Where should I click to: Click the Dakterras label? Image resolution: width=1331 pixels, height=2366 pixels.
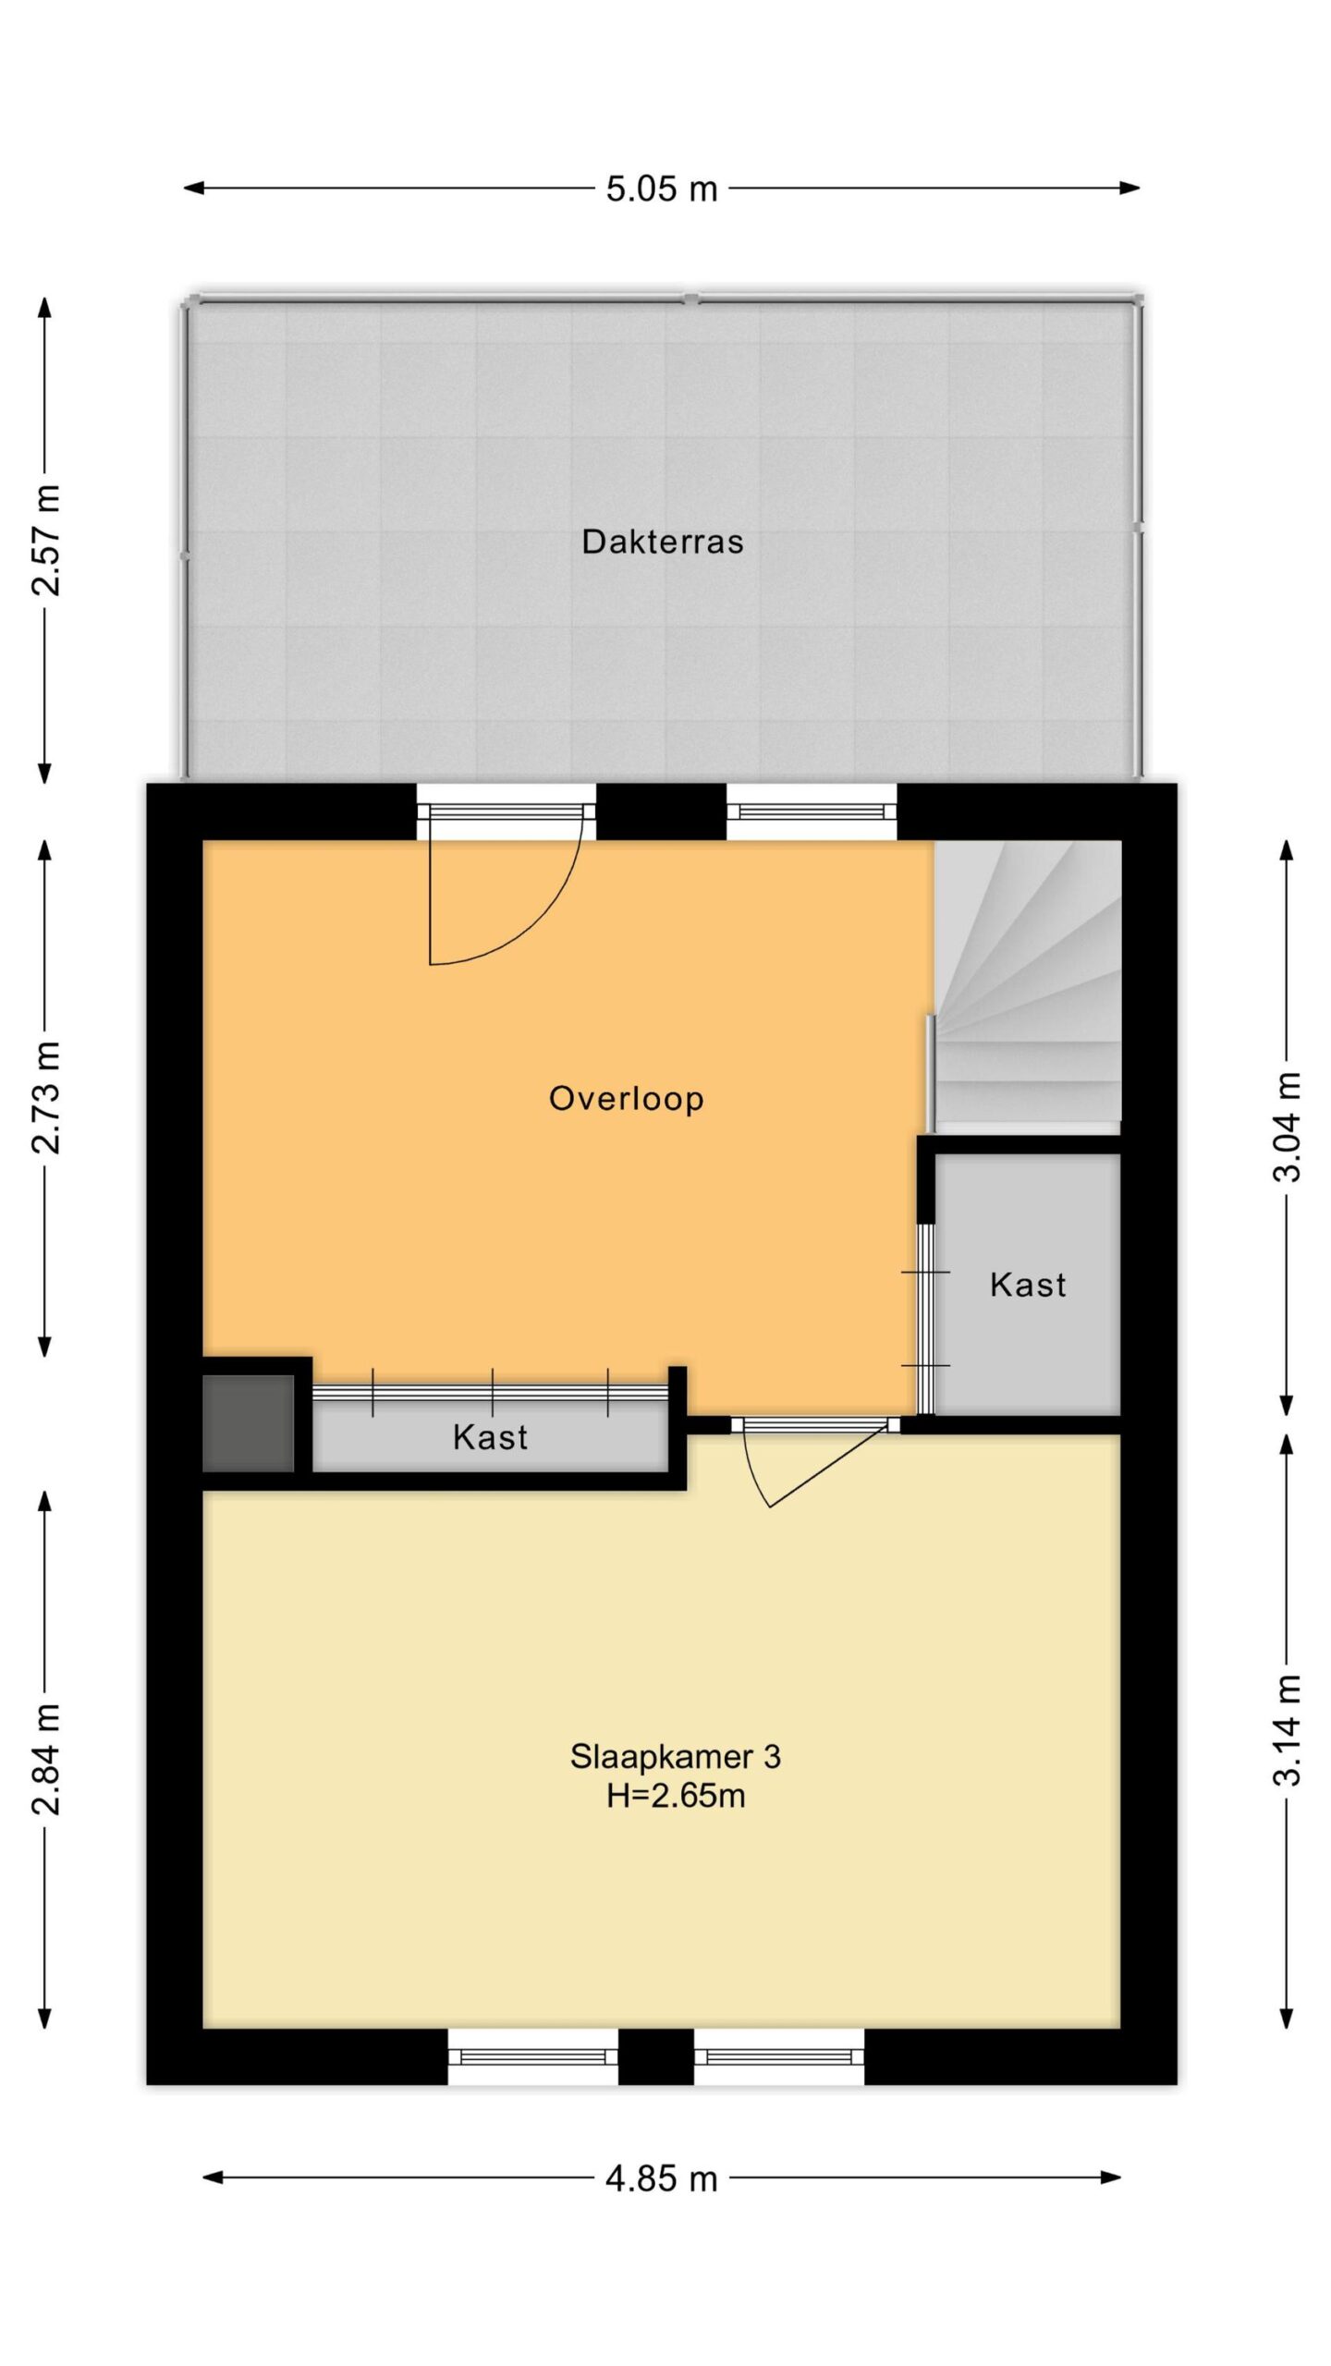point(662,542)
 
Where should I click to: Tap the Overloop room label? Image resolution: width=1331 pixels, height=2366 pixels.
point(627,1099)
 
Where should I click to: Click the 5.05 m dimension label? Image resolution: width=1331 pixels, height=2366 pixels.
point(662,189)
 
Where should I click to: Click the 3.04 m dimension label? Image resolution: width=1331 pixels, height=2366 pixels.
point(1287,1128)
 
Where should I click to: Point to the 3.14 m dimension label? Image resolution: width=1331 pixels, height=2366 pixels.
point(1287,1730)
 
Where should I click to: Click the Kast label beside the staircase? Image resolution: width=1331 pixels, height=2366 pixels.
point(1028,1285)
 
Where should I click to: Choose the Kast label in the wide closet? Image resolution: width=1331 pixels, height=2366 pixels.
point(490,1437)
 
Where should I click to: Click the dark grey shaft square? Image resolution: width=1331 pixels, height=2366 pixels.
point(248,1423)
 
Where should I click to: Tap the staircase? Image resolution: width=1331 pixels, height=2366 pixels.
point(1028,987)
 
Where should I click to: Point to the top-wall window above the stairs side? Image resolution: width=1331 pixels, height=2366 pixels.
point(812,811)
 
